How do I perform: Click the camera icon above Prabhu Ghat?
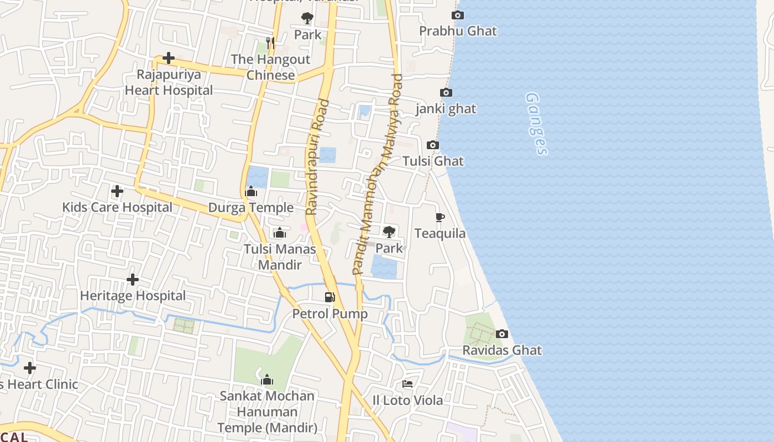coord(458,15)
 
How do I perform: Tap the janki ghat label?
coord(446,109)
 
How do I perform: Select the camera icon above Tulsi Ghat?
coord(433,145)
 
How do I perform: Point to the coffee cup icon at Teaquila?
coord(440,217)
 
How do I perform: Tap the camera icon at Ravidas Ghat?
coord(502,334)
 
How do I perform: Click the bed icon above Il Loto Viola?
coord(407,384)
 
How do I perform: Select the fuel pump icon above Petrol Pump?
coord(330,297)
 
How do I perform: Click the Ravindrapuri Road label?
coord(316,157)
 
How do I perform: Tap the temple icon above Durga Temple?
coord(251,192)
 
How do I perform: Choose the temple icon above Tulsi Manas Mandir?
coord(280,233)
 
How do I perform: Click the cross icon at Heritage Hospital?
coord(133,280)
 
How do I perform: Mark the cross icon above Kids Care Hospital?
coord(117,192)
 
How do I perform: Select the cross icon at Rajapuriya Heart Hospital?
coord(169,58)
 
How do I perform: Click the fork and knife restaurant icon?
coord(270,43)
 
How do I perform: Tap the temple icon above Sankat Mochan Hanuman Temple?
coord(267,380)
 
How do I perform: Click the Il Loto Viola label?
coord(407,401)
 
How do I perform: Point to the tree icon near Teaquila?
coord(389,231)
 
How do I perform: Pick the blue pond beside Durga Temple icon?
coord(258,177)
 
